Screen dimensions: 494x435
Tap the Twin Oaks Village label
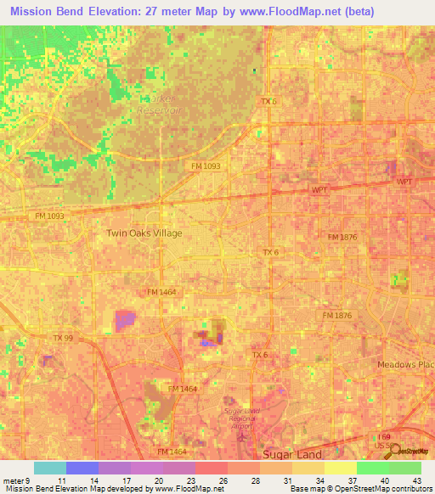[x=144, y=233]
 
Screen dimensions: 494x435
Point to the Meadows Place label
[x=405, y=364]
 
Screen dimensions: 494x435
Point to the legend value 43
[x=416, y=480]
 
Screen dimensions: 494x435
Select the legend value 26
[x=223, y=480]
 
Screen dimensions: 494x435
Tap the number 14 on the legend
[x=94, y=480]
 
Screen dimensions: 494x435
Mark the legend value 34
[x=319, y=480]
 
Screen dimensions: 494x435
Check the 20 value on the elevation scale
[x=159, y=480]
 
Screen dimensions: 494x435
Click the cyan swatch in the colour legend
[x=49, y=468]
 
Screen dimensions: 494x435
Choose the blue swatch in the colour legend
[x=82, y=468]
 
